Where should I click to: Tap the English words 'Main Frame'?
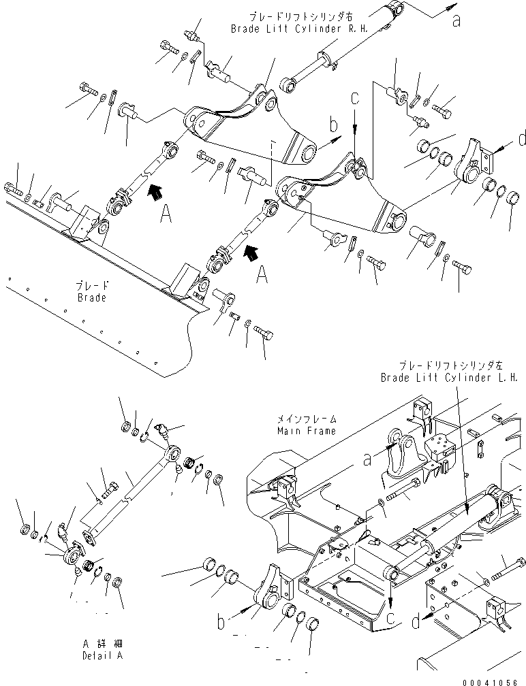pos(306,431)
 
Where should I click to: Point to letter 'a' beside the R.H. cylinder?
pos(457,20)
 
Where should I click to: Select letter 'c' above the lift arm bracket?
pos(354,99)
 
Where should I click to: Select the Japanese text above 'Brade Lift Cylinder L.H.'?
pos(450,365)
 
